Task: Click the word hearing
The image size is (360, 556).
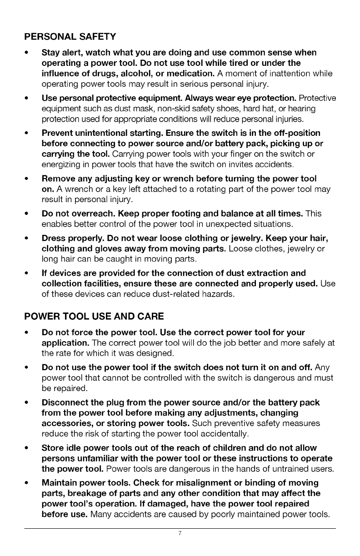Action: click(x=308, y=109)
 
